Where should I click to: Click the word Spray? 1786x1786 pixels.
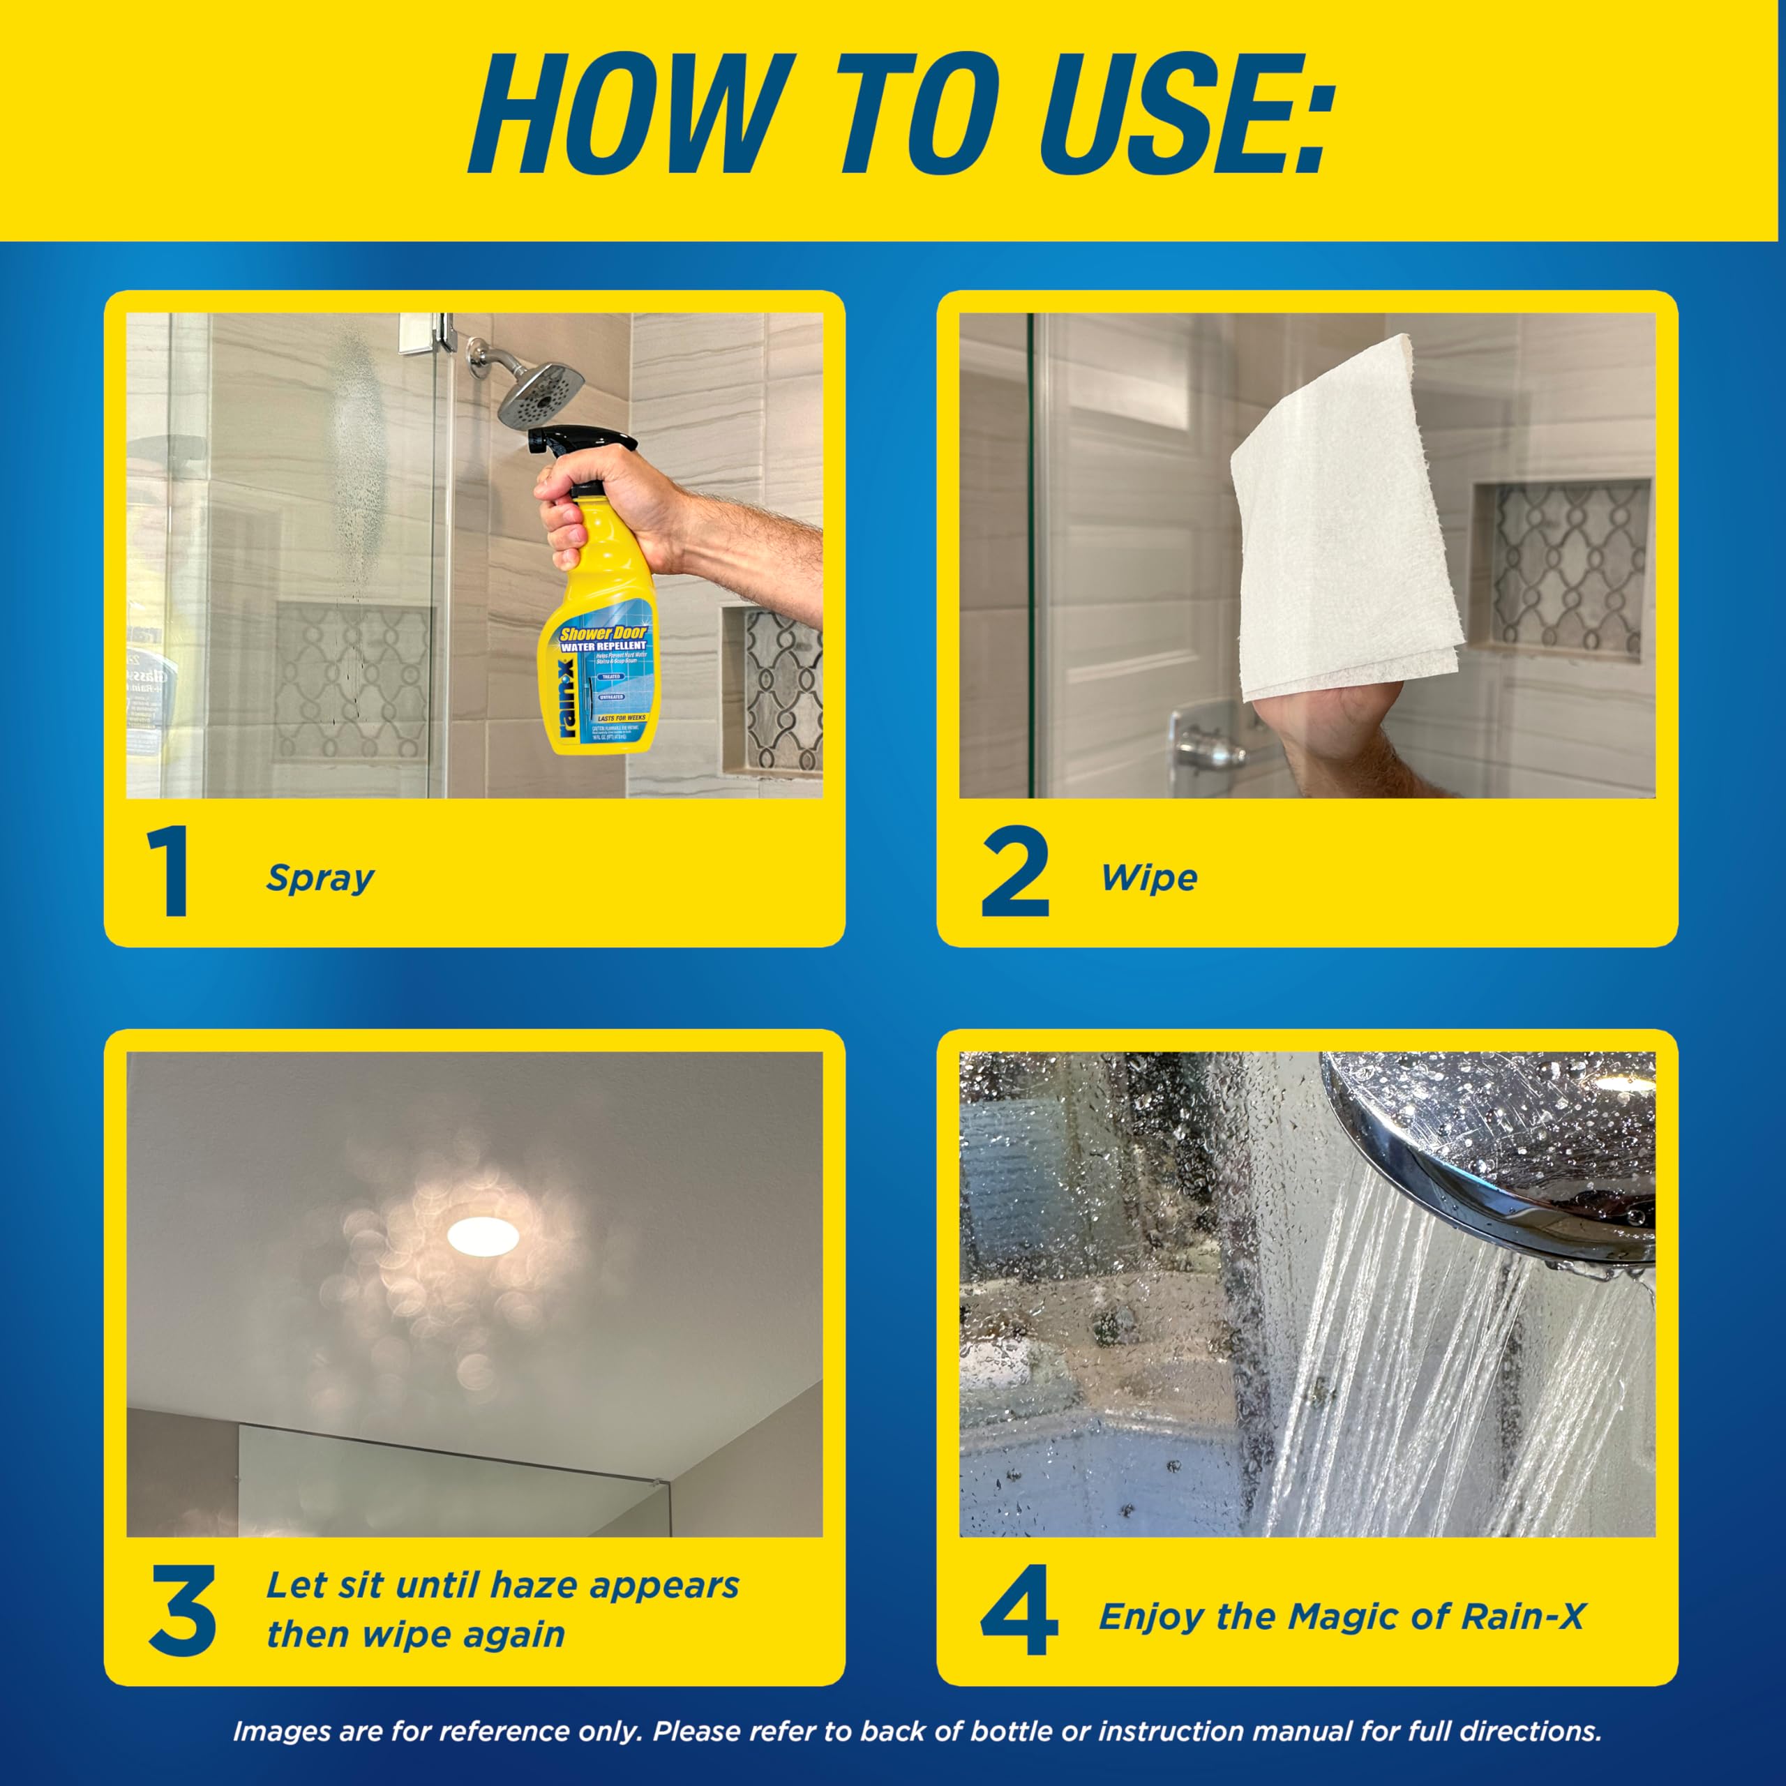point(320,878)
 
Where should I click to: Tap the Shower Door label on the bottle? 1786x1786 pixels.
point(603,634)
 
